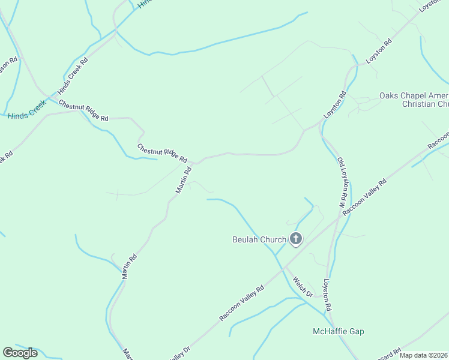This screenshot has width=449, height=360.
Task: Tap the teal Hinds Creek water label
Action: (x=27, y=112)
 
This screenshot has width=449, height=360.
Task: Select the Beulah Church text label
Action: (x=259, y=240)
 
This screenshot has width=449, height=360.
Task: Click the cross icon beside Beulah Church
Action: (x=295, y=239)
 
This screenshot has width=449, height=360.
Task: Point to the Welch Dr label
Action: (x=303, y=287)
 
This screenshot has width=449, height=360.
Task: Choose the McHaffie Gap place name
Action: (x=339, y=331)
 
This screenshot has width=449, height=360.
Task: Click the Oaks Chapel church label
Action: (x=414, y=96)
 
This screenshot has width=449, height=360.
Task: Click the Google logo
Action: (x=20, y=353)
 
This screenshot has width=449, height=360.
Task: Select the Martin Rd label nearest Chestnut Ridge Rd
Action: (x=184, y=179)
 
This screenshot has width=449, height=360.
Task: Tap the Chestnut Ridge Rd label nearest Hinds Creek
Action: (x=83, y=110)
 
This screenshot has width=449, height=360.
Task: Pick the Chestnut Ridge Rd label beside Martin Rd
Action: (x=162, y=153)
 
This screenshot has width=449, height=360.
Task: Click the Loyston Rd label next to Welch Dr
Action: (x=327, y=295)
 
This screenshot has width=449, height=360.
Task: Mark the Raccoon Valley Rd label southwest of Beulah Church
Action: (x=241, y=304)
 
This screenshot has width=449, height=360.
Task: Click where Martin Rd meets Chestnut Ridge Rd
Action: (x=195, y=162)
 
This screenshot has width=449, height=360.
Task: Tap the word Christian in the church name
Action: (x=424, y=104)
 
